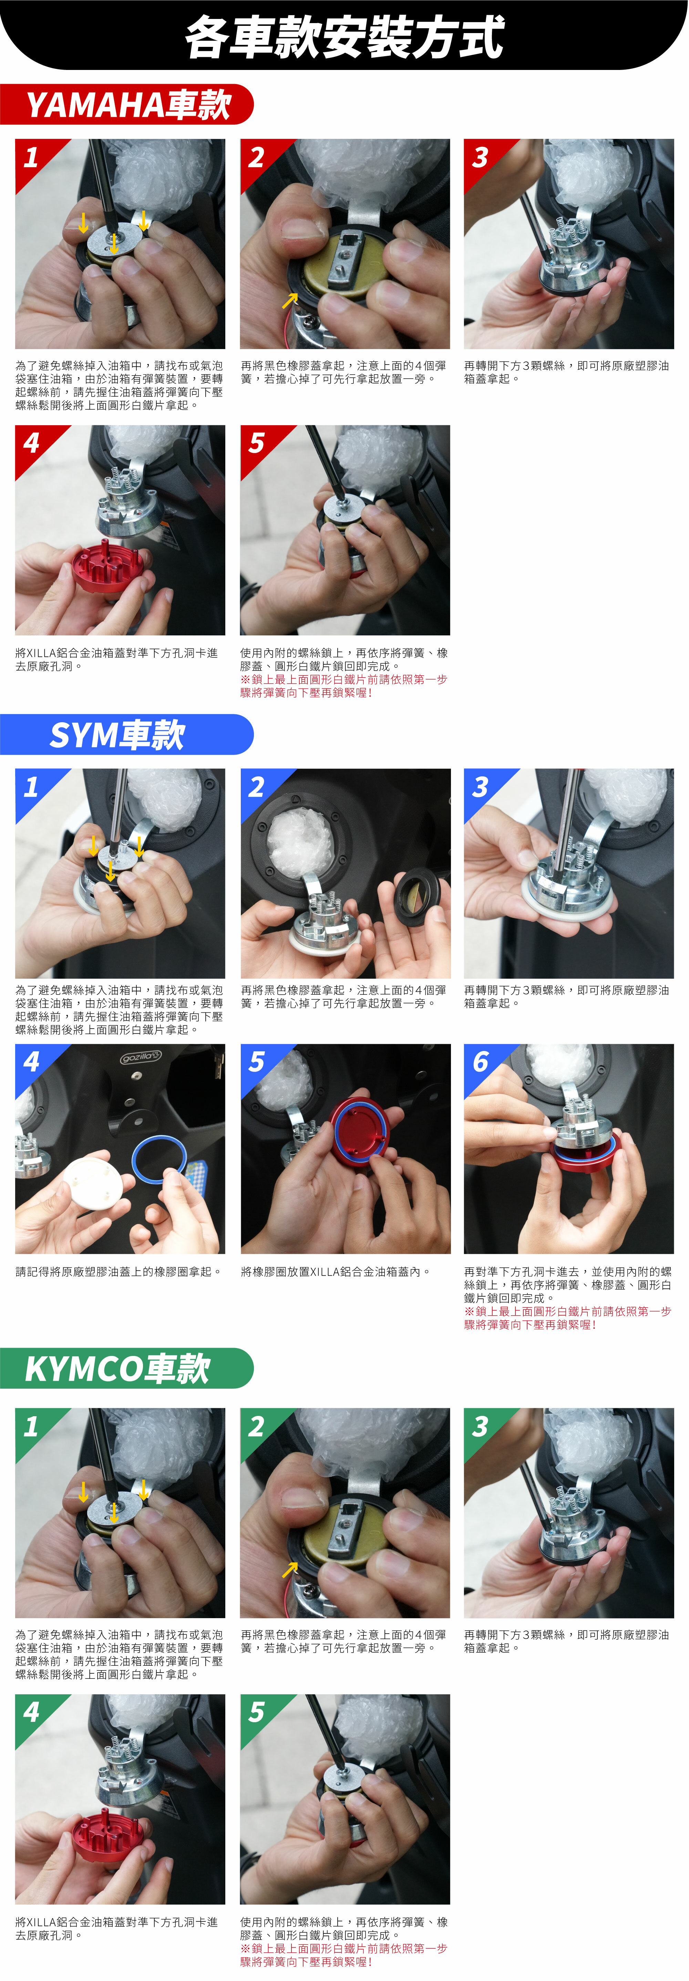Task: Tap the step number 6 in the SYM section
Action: click(480, 1062)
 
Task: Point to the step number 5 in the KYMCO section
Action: click(256, 1712)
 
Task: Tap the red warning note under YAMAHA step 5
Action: click(344, 686)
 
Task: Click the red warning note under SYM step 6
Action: click(567, 1318)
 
